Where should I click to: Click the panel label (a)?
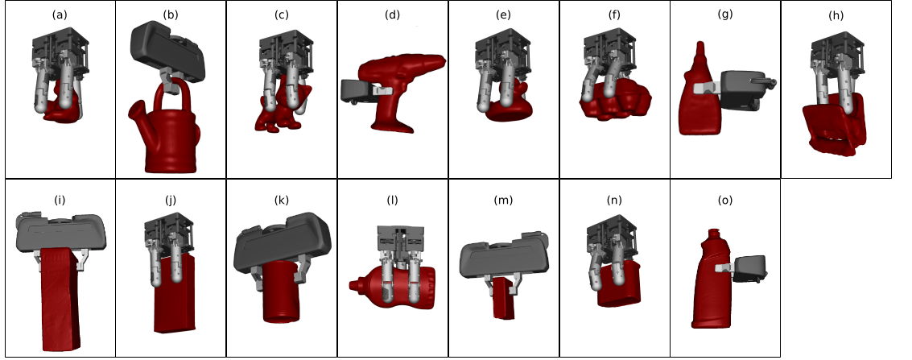pyautogui.click(x=60, y=15)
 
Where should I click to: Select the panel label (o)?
pyautogui.click(x=724, y=200)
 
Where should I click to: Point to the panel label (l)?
pyautogui.click(x=393, y=200)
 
